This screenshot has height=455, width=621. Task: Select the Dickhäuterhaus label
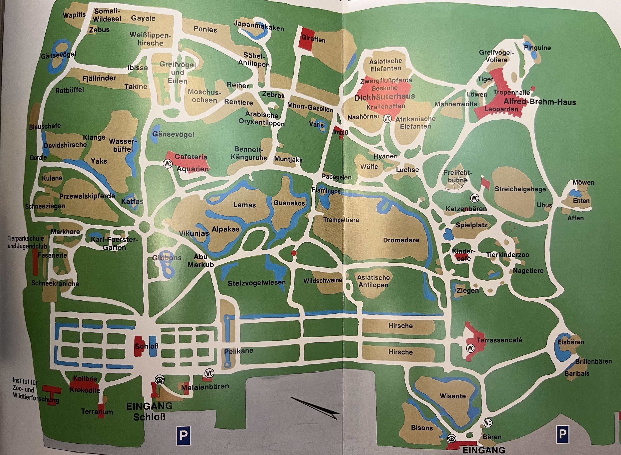coord(384,97)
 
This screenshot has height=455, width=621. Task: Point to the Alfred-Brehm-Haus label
coord(539,102)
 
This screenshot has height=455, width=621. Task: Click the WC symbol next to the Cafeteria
coord(167,164)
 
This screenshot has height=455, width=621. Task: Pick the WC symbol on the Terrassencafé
coord(470,348)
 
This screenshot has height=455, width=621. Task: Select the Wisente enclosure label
coord(452,396)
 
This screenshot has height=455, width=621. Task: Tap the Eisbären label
coord(571,342)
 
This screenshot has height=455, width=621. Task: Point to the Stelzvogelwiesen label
coord(256,283)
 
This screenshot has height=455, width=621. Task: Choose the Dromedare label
coord(401,240)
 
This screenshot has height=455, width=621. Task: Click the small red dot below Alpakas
coord(294,253)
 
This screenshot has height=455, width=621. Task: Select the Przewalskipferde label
coord(87,196)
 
